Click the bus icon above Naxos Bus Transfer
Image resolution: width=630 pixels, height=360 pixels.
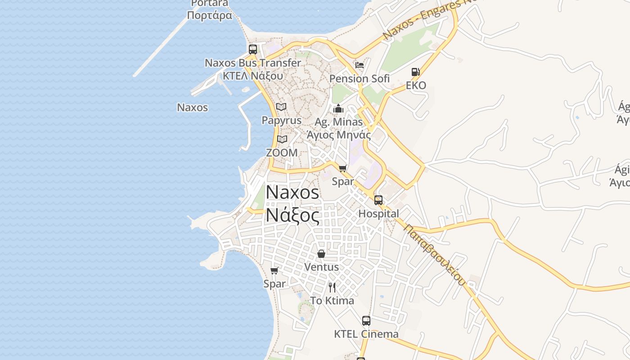253,49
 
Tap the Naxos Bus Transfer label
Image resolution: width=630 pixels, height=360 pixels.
253,63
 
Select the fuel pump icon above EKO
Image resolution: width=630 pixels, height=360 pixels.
415,72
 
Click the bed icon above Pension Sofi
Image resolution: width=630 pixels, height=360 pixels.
359,65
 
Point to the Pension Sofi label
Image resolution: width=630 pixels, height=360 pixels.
359,79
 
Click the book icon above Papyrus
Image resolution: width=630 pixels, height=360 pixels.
281,107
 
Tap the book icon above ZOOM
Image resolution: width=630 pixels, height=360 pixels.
282,139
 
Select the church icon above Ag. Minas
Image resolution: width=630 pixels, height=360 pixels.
338,108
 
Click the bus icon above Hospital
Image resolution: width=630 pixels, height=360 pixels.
378,200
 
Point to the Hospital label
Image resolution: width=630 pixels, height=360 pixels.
378,214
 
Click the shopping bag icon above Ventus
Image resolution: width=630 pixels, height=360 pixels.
321,254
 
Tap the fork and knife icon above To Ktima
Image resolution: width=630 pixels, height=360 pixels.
332,288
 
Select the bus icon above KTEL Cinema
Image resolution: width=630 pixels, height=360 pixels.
366,321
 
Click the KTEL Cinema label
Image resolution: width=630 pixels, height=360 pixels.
366,334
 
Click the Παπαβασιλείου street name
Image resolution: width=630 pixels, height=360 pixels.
434,255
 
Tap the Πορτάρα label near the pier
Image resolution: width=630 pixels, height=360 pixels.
210,16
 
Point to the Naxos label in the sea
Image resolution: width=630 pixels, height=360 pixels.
193,108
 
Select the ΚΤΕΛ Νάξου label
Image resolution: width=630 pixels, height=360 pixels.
253,76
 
